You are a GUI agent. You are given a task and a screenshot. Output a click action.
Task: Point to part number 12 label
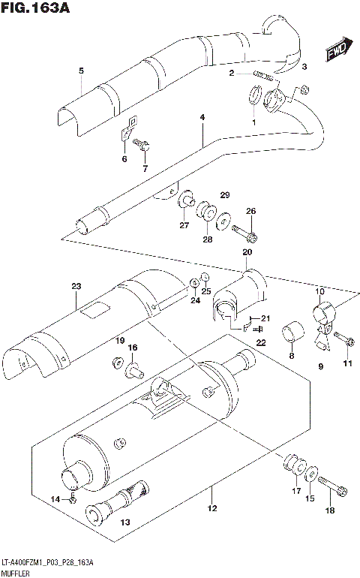coord(211,510)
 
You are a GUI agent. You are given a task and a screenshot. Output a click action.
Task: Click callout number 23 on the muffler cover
coord(76,285)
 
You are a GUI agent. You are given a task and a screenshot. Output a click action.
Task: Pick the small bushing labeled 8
coord(292,330)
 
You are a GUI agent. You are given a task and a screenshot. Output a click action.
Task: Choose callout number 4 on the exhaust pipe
coord(202,118)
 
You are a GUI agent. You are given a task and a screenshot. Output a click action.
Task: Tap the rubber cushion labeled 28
coord(205,212)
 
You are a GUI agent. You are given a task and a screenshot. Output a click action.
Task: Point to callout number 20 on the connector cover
coord(247,252)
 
